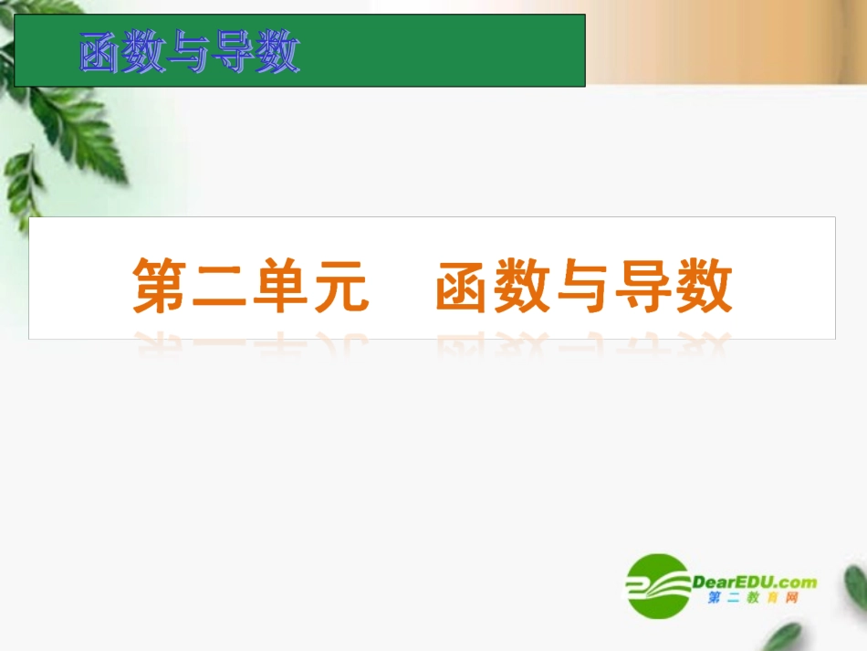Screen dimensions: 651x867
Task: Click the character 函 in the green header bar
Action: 100,53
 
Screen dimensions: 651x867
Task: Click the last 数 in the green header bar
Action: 278,53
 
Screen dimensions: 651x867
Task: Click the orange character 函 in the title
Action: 465,285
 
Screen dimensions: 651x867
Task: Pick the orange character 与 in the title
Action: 584,285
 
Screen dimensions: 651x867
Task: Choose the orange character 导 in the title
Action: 644,285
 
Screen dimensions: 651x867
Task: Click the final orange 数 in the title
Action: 704,285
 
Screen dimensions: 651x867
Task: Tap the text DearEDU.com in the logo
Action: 755,582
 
